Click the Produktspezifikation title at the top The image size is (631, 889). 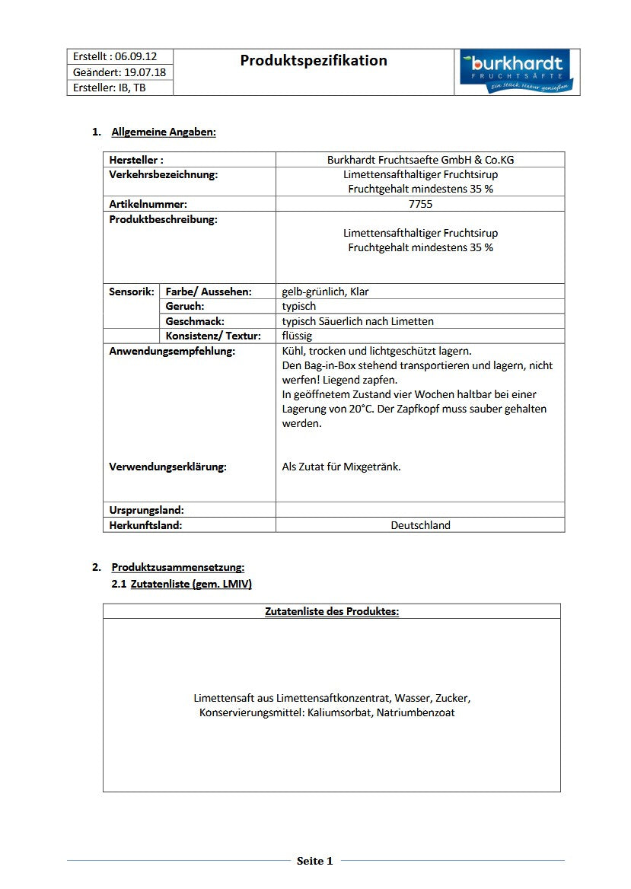coord(314,61)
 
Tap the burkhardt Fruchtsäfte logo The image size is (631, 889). coord(517,72)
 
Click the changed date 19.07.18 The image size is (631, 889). coord(145,72)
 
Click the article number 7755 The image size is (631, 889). coord(420,204)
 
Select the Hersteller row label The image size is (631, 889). coord(136,160)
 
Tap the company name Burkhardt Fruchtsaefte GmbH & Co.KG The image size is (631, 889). coord(420,160)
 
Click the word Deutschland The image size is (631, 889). coord(420,525)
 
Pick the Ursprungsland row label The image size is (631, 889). coord(146,510)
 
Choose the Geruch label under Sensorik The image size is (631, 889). coord(185,306)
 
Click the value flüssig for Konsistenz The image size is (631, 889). coord(297,336)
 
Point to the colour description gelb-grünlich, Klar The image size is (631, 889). coord(325,292)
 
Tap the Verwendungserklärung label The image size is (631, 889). coord(167,467)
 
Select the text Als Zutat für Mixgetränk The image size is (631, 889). coord(341,467)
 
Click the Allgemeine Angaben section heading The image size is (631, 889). coord(164,132)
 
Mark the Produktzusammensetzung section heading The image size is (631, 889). coord(178,568)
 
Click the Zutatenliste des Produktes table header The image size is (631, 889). coord(332,611)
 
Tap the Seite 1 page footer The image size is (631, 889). coord(315,862)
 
